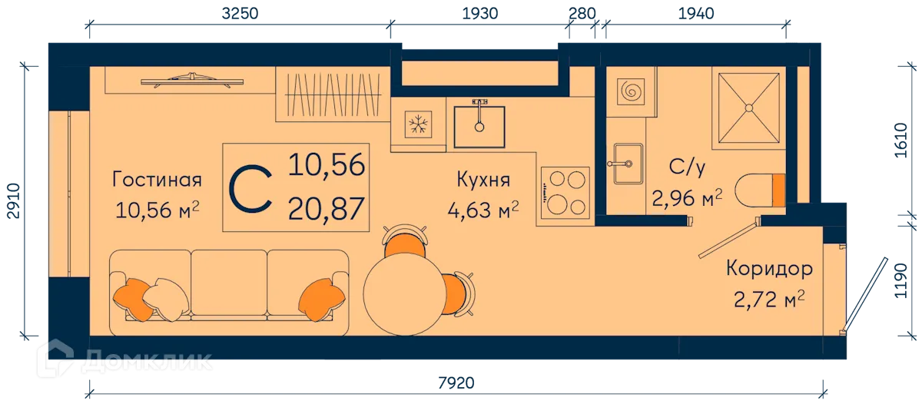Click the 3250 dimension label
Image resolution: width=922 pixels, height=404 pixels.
click(x=240, y=14)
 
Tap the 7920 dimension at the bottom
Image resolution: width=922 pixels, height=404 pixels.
click(x=456, y=383)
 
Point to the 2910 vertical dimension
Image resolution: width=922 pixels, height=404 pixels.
click(x=14, y=200)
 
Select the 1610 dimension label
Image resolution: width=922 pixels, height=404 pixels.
click(x=900, y=141)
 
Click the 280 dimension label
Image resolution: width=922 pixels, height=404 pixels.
click(x=582, y=14)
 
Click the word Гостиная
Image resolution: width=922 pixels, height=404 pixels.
click(x=157, y=180)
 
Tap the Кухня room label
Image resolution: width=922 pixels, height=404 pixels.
click(x=483, y=180)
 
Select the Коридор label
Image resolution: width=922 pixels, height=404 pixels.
click(x=769, y=269)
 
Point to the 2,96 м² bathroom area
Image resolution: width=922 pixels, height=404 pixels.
click(x=687, y=198)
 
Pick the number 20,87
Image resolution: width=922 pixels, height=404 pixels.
click(x=327, y=208)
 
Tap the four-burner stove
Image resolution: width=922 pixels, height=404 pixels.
click(x=565, y=193)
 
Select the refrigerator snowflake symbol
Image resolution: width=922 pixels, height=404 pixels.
click(x=418, y=124)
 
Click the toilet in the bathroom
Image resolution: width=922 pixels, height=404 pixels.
click(x=760, y=190)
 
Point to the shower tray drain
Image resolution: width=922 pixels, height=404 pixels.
click(x=748, y=108)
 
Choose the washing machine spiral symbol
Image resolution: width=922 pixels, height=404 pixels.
click(x=631, y=91)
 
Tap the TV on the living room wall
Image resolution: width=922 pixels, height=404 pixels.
click(x=192, y=80)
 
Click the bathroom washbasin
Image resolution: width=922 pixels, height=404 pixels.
click(x=627, y=164)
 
